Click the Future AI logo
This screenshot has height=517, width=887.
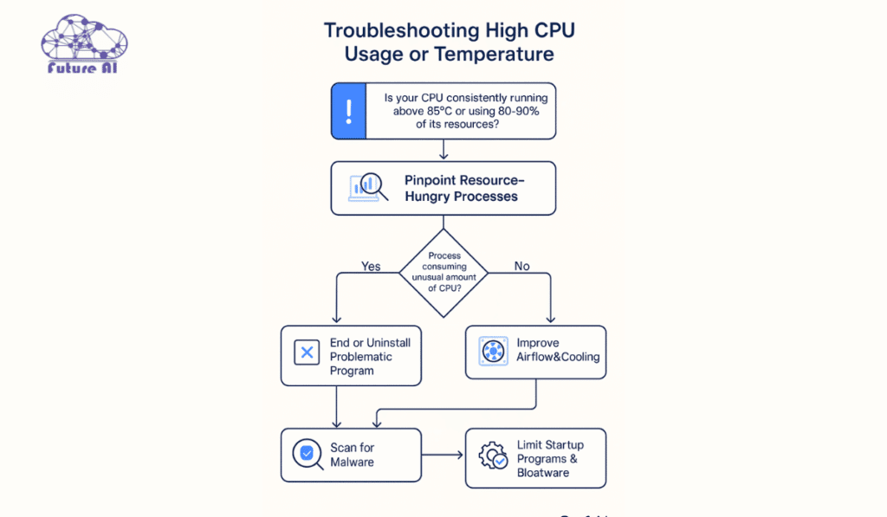point(84,44)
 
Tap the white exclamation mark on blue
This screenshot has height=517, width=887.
point(348,111)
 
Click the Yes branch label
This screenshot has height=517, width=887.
point(370,266)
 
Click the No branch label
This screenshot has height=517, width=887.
point(521,266)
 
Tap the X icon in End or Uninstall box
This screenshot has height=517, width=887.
point(306,352)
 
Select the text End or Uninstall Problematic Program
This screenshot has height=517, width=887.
point(370,356)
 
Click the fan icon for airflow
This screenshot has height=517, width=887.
point(493,351)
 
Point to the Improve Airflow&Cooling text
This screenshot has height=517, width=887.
point(557,350)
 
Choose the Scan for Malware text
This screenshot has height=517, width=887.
point(352,455)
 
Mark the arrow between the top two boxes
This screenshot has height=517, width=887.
point(443,150)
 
